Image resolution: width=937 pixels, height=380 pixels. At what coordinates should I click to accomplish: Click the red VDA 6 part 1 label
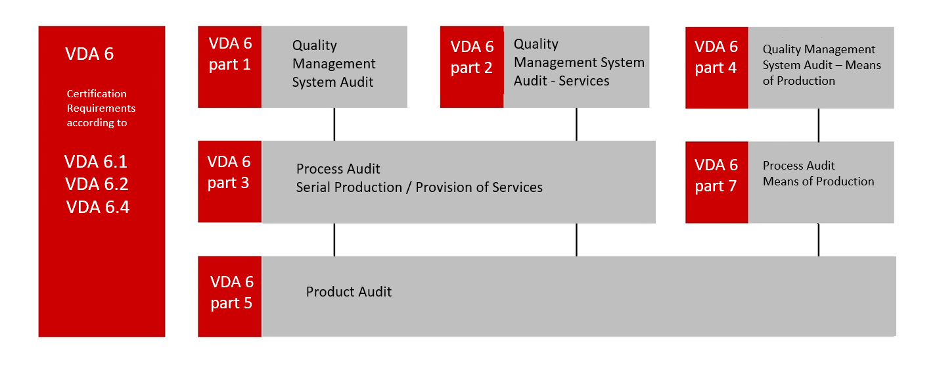click(x=230, y=54)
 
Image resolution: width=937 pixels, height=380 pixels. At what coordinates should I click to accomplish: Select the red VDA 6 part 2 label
click(x=472, y=57)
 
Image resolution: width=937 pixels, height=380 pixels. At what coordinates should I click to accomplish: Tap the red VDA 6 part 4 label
click(x=716, y=57)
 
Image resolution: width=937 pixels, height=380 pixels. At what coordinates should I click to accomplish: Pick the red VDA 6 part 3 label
click(x=229, y=172)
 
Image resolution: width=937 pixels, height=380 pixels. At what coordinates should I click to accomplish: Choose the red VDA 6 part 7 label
click(x=716, y=176)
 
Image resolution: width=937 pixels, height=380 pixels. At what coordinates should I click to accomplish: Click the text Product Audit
click(x=349, y=292)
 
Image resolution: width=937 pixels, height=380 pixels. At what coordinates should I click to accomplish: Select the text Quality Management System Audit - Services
click(x=578, y=62)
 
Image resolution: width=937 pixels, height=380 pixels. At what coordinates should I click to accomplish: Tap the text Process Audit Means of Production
click(x=818, y=174)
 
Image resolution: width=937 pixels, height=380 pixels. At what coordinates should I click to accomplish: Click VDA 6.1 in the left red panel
click(x=96, y=162)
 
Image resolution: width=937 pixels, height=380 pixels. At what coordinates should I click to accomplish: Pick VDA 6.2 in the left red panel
click(x=97, y=185)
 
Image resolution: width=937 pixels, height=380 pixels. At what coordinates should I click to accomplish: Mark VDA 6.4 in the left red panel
click(x=98, y=208)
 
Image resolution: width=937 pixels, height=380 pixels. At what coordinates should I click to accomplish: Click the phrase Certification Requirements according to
click(x=101, y=108)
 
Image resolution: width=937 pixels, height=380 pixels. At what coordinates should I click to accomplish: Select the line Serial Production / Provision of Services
click(x=419, y=187)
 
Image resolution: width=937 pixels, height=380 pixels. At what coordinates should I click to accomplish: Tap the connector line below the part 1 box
click(x=334, y=124)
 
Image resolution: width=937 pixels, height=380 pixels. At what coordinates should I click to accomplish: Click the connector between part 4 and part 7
click(x=819, y=125)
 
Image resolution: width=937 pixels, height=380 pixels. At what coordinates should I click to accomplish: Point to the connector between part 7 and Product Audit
click(x=819, y=240)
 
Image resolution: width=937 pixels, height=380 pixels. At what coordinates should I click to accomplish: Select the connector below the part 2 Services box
click(x=576, y=124)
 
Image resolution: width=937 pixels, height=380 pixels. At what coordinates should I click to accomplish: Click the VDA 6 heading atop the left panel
click(x=89, y=54)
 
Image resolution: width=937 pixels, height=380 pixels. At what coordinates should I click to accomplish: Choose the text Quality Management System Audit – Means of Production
click(x=821, y=65)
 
